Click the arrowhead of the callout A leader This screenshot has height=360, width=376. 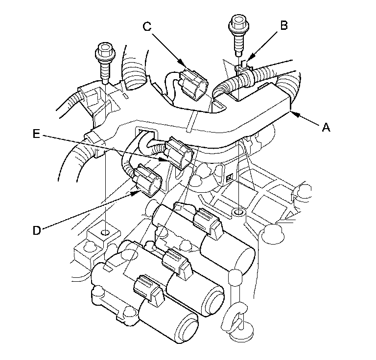292,113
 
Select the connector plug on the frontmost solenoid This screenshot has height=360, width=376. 147,287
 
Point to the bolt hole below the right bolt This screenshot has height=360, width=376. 238,213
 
